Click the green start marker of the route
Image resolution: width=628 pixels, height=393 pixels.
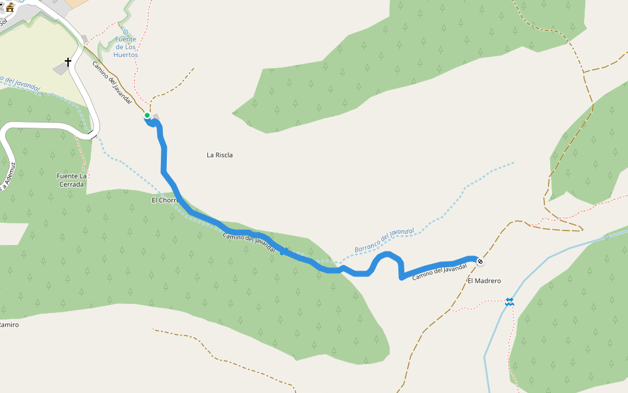[x=147, y=116]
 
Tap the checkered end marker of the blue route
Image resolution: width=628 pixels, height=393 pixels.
[x=480, y=262]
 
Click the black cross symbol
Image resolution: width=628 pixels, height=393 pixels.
[x=68, y=63]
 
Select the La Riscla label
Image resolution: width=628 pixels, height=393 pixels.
[x=220, y=155]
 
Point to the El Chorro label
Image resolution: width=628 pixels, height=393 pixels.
[x=164, y=200]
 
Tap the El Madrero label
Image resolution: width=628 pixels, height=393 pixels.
[x=484, y=281]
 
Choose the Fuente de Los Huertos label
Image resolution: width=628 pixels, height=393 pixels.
[x=126, y=47]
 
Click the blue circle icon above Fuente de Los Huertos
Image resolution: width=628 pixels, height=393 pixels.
[x=126, y=31]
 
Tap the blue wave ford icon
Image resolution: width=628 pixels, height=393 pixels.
[x=509, y=302]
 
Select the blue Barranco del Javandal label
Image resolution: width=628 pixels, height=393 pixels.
[x=385, y=240]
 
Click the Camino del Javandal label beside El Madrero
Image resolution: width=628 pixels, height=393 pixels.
[x=440, y=272]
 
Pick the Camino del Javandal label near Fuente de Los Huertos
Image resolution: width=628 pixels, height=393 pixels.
[x=113, y=83]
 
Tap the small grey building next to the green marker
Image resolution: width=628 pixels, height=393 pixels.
[x=156, y=117]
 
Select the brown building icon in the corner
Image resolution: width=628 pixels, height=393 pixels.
[x=9, y=7]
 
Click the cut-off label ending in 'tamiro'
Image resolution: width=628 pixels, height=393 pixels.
[x=9, y=325]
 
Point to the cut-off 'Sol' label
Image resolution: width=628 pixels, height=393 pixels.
[x=3, y=21]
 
